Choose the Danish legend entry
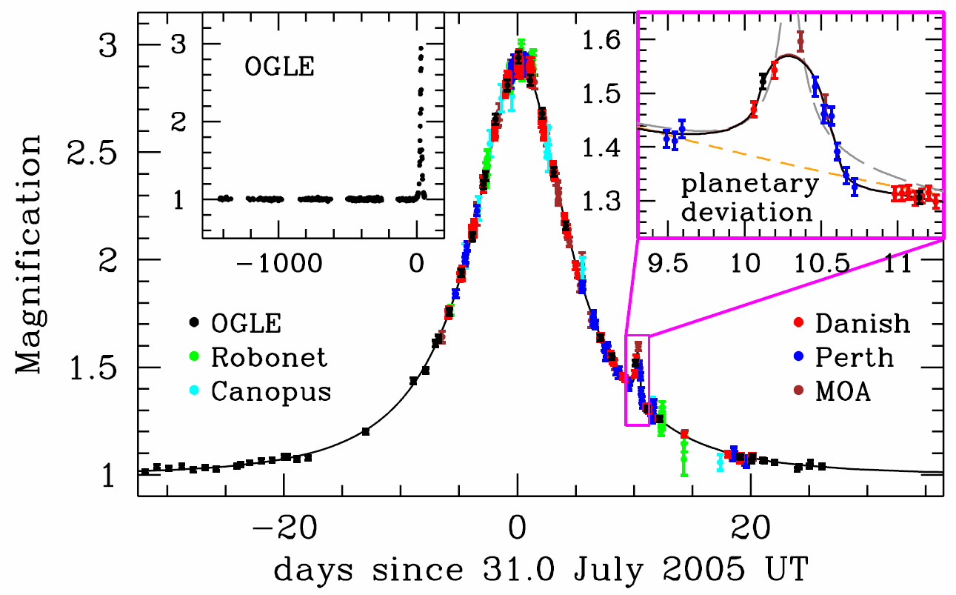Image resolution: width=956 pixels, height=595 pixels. [851, 323]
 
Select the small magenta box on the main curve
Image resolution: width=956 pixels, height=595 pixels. [638, 380]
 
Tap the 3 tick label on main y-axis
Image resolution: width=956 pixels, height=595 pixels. [109, 46]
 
